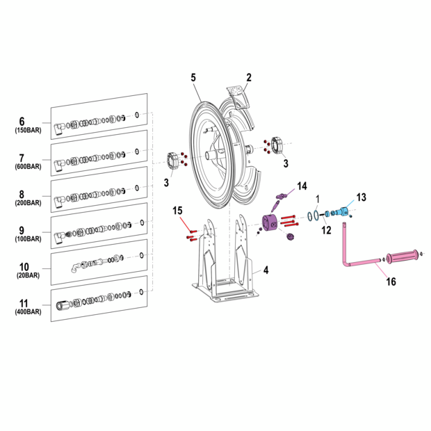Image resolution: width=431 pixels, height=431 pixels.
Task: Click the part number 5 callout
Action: pos(195,78)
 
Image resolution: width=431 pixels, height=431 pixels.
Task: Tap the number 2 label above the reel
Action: pos(249,78)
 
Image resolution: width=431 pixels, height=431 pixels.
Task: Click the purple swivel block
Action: pos(269,225)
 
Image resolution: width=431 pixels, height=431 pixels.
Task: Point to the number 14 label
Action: pos(302,186)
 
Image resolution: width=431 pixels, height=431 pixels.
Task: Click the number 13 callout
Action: pos(361,197)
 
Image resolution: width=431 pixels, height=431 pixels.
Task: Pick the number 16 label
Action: pos(391,282)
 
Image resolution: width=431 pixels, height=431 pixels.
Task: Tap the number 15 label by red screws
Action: pos(178,211)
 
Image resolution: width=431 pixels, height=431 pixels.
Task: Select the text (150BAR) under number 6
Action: pos(28,131)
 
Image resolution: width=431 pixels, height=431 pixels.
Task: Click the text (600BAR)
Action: pos(28,167)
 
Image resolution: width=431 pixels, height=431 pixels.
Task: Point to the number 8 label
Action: pos(22,195)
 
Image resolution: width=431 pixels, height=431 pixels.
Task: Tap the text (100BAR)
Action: pos(28,239)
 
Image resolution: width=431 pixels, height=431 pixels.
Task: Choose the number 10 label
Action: pos(24,267)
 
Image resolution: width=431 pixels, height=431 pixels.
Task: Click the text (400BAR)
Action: pos(28,312)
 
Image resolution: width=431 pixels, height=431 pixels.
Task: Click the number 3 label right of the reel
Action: pos(284,163)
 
